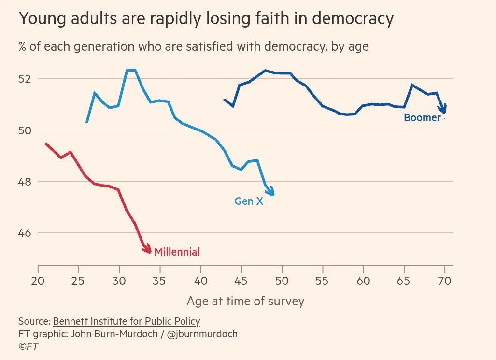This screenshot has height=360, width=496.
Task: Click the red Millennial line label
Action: tap(177, 252)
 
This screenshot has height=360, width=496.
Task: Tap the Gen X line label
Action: tap(249, 202)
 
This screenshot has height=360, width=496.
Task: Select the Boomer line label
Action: tap(422, 118)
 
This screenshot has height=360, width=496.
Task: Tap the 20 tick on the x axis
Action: tap(38, 281)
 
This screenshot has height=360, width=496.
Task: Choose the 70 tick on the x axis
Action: tap(445, 281)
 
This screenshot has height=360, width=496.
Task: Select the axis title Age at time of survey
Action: tap(245, 302)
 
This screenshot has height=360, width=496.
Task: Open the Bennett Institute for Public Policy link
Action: tap(127, 321)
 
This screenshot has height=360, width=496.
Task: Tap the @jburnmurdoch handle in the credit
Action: tap(202, 334)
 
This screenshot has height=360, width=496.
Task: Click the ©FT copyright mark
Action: tap(28, 346)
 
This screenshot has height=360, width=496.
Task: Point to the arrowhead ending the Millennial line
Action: tap(148, 249)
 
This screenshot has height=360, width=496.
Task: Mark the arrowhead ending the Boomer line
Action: tap(443, 110)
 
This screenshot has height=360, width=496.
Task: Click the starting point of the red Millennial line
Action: tap(45, 144)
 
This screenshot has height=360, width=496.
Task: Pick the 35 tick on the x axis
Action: tap(160, 281)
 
